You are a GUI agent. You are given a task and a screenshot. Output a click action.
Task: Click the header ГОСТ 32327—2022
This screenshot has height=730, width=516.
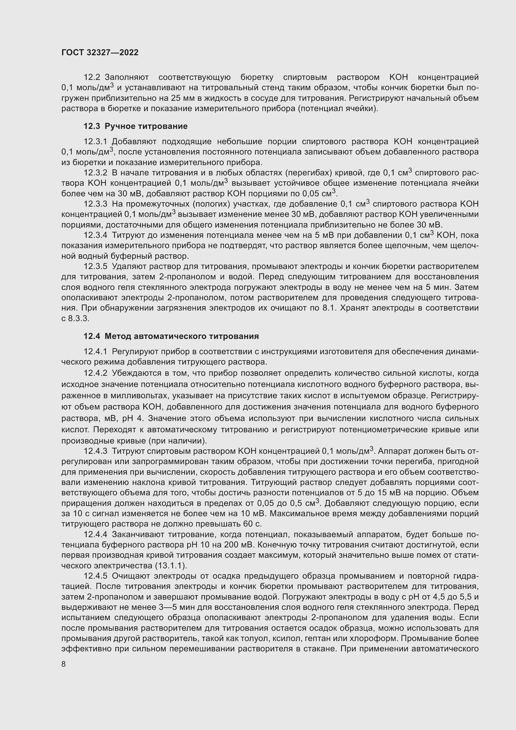click(100, 52)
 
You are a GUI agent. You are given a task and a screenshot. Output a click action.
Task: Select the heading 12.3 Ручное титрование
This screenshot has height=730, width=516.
click(135, 126)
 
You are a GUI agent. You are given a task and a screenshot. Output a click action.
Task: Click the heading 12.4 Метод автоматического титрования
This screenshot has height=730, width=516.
click(171, 336)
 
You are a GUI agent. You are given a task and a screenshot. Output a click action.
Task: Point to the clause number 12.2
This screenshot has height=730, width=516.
click(92, 77)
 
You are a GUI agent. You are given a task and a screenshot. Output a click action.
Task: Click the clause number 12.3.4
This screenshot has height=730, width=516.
click(96, 235)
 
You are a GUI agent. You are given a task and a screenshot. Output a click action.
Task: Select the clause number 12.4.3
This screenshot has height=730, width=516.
click(96, 451)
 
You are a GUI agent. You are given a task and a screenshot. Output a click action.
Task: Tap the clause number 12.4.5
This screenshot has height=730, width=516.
click(96, 576)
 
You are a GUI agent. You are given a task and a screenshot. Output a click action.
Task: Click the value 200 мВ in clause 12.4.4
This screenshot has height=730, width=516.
click(238, 545)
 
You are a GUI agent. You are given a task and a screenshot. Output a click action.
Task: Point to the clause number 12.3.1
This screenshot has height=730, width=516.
click(96, 141)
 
